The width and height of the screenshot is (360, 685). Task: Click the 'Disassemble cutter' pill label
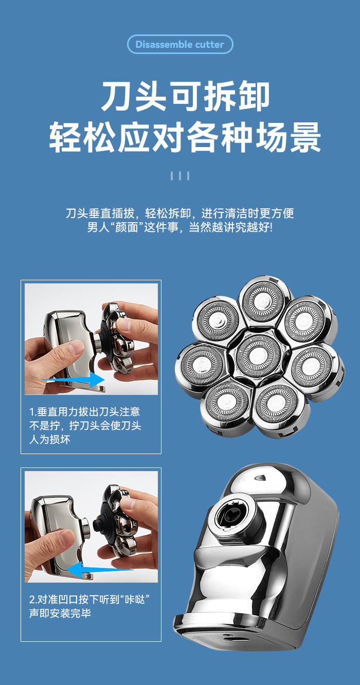coord(180,44)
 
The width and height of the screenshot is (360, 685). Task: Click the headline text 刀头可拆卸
coord(185,96)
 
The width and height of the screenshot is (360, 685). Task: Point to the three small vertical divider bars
coord(180,176)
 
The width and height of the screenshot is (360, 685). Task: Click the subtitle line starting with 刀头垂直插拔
coord(180,213)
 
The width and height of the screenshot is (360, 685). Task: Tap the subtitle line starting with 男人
coord(180,227)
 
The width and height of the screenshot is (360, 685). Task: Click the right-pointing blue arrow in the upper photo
coord(74,380)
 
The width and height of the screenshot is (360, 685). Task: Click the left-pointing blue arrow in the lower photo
coord(99,570)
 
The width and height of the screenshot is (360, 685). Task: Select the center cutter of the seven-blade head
coord(259,356)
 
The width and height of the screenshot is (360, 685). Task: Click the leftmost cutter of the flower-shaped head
coord(202,364)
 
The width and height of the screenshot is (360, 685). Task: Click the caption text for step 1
coord(85,426)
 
